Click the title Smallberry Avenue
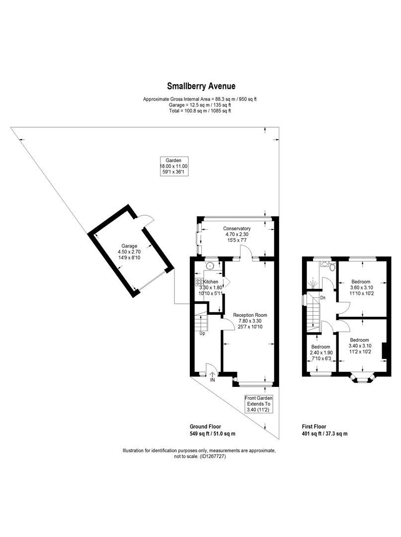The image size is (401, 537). pos(201,86)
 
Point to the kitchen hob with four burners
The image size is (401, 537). pos(199,281)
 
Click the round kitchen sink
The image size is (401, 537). pos(210,266)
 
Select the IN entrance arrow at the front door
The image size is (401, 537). pos(212,375)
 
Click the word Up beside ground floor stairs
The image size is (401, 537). pos(202,333)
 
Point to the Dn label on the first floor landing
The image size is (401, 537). pos(322,298)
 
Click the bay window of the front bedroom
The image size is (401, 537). pos(362,379)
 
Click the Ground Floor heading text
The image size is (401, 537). pos(205,427)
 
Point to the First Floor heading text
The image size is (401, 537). pos(314,427)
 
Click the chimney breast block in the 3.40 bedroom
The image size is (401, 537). pos(384,351)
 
